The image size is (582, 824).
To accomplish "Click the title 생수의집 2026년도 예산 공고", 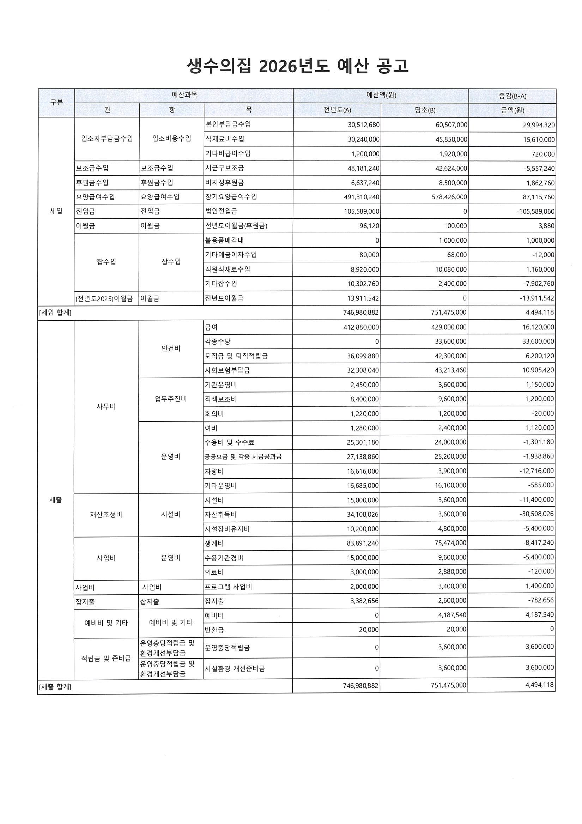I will click(297, 66).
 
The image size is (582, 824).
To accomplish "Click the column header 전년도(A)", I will click(337, 110).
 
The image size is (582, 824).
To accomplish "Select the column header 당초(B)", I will click(425, 110).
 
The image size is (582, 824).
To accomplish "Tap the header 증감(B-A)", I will click(513, 96).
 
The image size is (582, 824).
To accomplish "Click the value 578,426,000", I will click(449, 197).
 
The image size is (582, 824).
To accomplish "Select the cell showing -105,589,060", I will click(535, 211).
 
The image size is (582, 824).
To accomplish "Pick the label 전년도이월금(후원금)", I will click(236, 226).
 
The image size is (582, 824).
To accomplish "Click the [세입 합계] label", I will click(55, 313).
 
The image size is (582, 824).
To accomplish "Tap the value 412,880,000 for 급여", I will click(360, 327).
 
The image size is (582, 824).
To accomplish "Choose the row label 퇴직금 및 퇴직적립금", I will click(236, 356).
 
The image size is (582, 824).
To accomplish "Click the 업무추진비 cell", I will click(171, 399).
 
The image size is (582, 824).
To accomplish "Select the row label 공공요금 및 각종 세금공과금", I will click(243, 456).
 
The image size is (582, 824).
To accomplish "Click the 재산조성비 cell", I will click(106, 515).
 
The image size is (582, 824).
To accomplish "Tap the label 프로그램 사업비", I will click(228, 587).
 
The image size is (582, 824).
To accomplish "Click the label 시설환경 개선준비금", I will click(235, 668).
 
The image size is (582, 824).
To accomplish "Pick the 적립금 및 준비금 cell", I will click(106, 658).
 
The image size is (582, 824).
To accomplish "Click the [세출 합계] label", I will click(55, 687).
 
